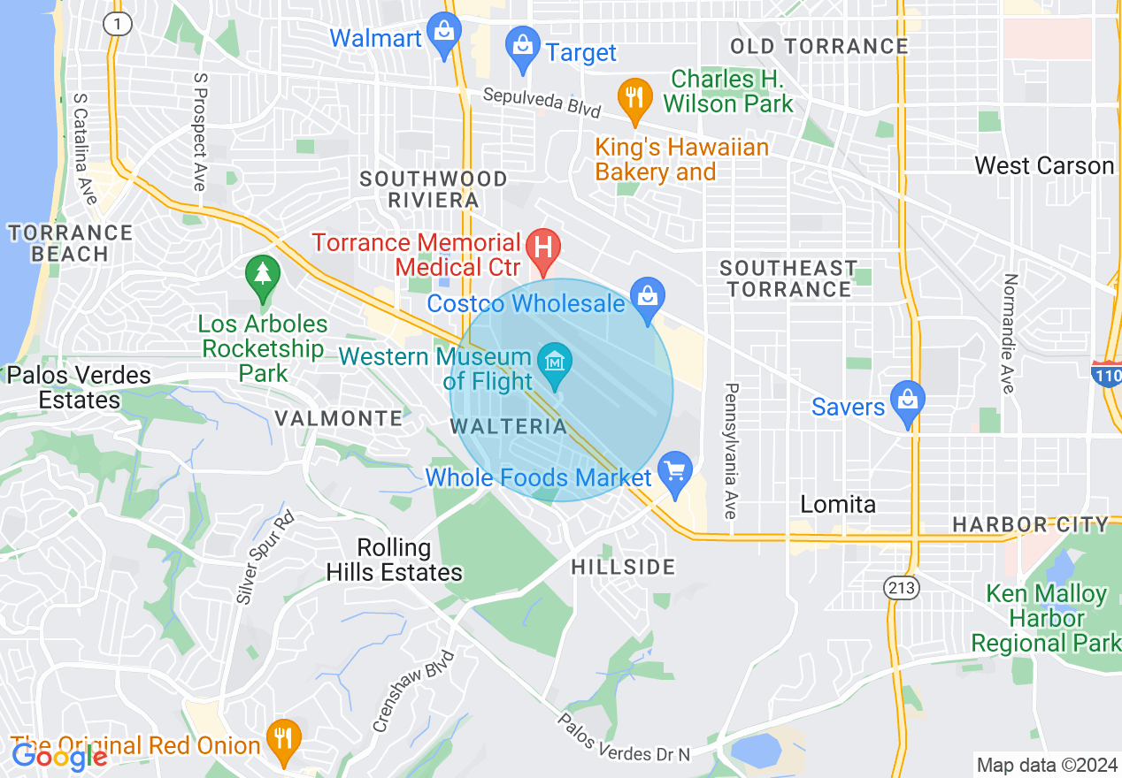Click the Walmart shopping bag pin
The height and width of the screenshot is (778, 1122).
(x=443, y=34)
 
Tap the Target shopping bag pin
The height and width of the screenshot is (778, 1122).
(x=523, y=47)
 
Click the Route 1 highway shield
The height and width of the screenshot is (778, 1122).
(x=118, y=24)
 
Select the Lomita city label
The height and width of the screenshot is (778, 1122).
(x=838, y=504)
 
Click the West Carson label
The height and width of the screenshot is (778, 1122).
(x=1043, y=165)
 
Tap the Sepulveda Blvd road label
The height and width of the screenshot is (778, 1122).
(x=541, y=102)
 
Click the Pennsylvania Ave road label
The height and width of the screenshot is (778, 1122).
(x=732, y=451)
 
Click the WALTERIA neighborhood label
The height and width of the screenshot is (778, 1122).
(x=509, y=426)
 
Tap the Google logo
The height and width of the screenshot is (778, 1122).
(x=58, y=756)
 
